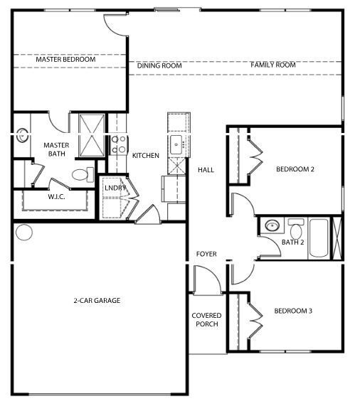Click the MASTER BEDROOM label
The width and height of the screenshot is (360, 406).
(x=65, y=60)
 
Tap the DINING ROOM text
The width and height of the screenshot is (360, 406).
(x=159, y=65)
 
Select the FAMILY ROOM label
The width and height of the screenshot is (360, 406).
(x=272, y=65)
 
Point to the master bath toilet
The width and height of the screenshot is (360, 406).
(x=81, y=173)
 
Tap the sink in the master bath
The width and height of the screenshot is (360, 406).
(x=22, y=133)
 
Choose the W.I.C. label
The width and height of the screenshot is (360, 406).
(x=57, y=197)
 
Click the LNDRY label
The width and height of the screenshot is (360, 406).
(x=115, y=188)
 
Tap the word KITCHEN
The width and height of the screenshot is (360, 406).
(x=146, y=156)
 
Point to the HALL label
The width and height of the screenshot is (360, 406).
(x=206, y=170)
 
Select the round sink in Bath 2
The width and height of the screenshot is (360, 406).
(x=272, y=227)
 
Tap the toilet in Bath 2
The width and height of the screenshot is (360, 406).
(x=295, y=231)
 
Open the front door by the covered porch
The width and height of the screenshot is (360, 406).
(x=205, y=279)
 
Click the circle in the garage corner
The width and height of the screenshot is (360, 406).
(x=24, y=233)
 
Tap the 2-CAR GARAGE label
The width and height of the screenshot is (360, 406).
(x=97, y=301)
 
